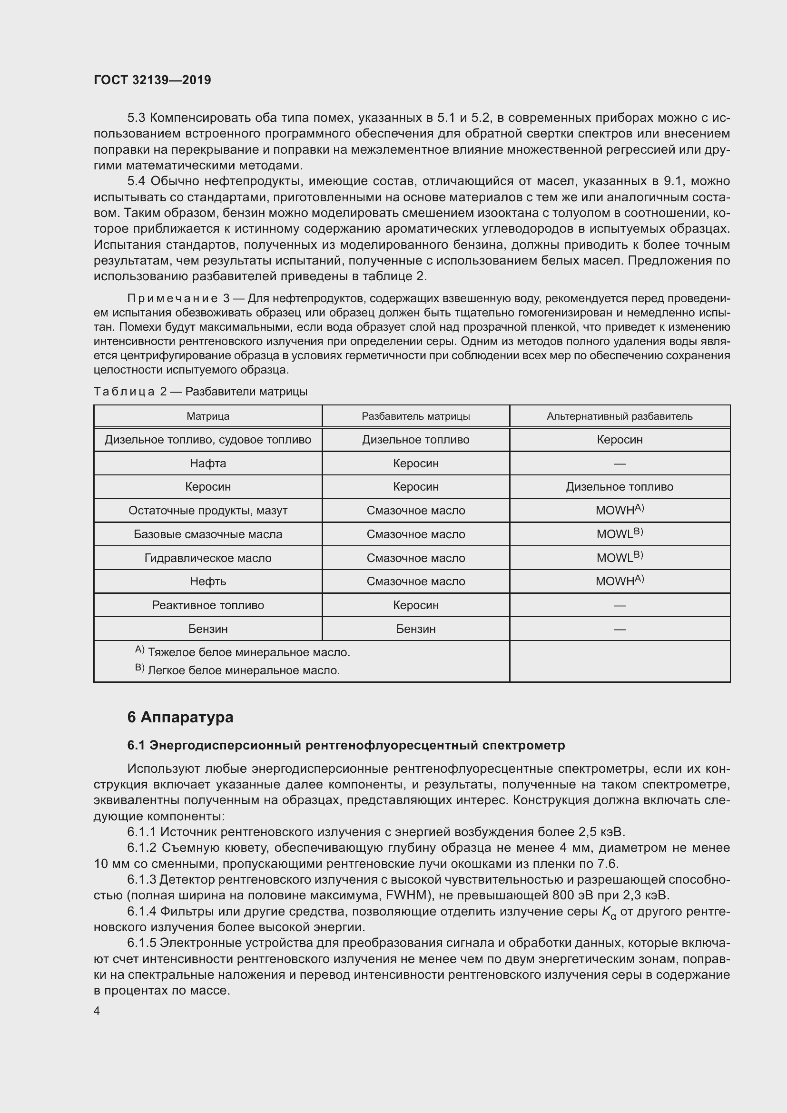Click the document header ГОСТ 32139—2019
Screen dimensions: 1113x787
point(152,80)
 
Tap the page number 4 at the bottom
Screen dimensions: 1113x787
point(97,1011)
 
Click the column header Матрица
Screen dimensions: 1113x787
point(208,416)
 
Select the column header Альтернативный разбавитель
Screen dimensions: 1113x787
point(620,416)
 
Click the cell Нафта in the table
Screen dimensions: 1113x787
point(208,463)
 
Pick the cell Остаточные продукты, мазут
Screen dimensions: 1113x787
point(208,511)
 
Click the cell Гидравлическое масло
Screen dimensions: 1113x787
point(208,558)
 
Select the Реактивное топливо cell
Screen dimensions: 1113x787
point(208,605)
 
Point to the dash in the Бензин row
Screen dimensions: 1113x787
point(620,629)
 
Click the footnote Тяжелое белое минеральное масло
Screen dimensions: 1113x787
point(248,652)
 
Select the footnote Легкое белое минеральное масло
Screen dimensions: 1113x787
point(243,670)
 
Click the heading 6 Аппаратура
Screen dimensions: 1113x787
point(180,717)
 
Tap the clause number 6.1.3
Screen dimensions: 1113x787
point(141,879)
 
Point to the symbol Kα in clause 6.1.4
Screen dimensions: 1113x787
point(609,912)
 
